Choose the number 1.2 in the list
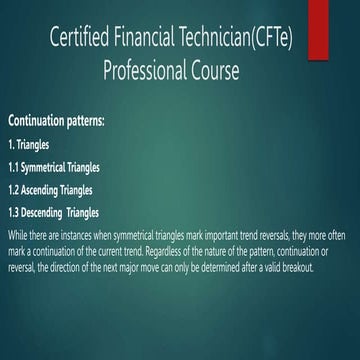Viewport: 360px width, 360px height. [14, 189]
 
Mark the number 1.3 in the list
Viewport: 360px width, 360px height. [14, 212]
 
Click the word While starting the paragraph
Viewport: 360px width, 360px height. [17, 234]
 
